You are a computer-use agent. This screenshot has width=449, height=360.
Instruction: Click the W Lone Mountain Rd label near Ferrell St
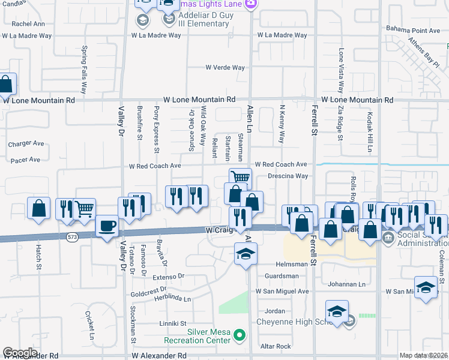tap(357, 100)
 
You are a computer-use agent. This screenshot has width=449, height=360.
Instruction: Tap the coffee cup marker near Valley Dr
tap(107, 226)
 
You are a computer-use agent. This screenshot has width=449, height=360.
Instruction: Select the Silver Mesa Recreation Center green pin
tap(240, 334)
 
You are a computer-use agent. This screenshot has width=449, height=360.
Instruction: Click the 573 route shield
tap(71, 237)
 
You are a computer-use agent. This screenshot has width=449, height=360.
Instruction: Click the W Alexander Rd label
tap(159, 355)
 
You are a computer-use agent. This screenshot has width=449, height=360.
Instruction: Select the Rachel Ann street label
tap(28, 24)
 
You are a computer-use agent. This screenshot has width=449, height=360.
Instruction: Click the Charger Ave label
tap(26, 144)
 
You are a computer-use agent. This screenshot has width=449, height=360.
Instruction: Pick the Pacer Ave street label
tap(26, 160)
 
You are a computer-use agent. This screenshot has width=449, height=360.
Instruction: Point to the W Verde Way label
tap(226, 68)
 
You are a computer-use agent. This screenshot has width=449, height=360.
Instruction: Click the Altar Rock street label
tap(276, 346)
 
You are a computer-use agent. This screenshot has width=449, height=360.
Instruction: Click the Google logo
tap(20, 352)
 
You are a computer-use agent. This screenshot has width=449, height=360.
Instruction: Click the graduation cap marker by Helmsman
tap(246, 254)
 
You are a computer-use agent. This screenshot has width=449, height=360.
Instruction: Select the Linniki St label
tap(173, 323)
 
